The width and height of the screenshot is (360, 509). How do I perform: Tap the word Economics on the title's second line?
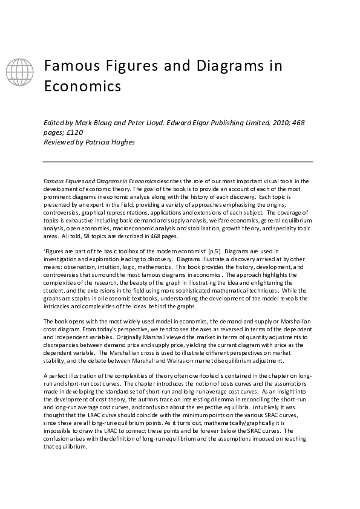coord(82,86)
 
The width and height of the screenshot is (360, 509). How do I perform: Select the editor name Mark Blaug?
coord(96,123)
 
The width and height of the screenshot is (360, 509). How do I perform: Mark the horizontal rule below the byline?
coord(177,161)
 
